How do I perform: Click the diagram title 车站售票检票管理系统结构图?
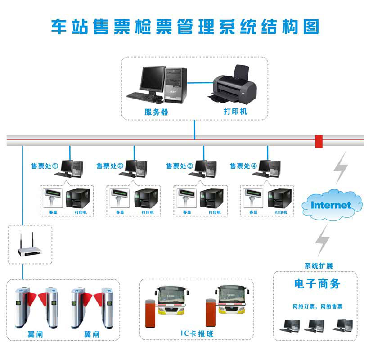click(x=184, y=26)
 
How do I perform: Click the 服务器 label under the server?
click(x=156, y=112)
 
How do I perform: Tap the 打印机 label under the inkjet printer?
click(x=235, y=111)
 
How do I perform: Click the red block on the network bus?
click(x=319, y=141)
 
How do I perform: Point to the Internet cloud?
click(x=331, y=205)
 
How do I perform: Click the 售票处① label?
click(x=44, y=166)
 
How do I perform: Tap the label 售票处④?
click(x=243, y=166)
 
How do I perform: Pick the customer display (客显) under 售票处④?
click(x=252, y=198)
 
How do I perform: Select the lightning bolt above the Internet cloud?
click(x=341, y=167)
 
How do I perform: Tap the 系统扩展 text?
click(x=318, y=266)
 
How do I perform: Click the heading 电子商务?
click(x=317, y=284)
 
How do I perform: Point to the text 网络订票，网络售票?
click(x=317, y=306)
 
